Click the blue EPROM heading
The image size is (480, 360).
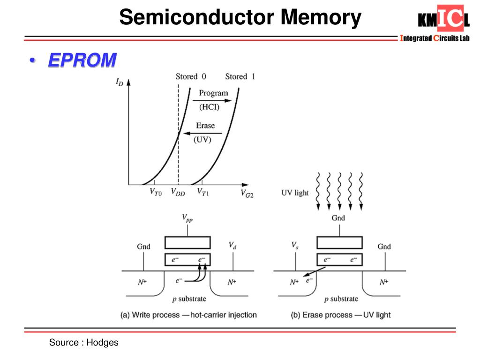82,60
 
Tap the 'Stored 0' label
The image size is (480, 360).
191,76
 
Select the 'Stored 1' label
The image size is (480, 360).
240,76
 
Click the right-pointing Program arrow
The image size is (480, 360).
213,100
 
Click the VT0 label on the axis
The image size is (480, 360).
156,192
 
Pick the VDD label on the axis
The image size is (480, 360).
178,192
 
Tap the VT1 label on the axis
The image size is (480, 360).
202,192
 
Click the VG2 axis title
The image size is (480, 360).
247,193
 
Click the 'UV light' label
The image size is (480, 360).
295,193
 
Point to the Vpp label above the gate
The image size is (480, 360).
187,218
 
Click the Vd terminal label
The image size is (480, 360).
232,245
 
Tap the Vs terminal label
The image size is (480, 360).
294,245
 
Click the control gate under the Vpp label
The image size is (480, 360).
187,242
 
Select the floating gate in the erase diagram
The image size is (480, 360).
340,259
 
